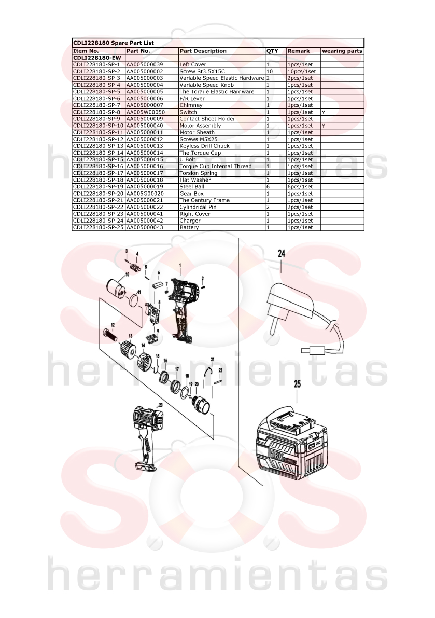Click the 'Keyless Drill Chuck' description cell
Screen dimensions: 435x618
tap(204, 146)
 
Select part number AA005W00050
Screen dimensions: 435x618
tap(145, 112)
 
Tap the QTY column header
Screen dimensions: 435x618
tap(272, 51)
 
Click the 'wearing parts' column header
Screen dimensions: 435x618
tap(342, 51)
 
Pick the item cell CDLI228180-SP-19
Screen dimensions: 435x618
tap(99, 186)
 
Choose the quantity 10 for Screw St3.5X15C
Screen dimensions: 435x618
tap(270, 71)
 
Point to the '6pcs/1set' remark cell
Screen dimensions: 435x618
tap(300, 187)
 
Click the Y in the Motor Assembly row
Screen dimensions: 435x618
tap(324, 126)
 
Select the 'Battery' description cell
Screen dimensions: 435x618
tap(189, 227)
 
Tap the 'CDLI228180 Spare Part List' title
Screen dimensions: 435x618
tap(114, 43)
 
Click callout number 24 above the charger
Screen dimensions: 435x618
tap(282, 253)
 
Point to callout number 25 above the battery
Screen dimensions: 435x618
tap(297, 383)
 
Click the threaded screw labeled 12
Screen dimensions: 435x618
tap(110, 336)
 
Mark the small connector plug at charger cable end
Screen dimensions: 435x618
tap(313, 350)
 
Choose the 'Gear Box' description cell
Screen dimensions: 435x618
tap(191, 194)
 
